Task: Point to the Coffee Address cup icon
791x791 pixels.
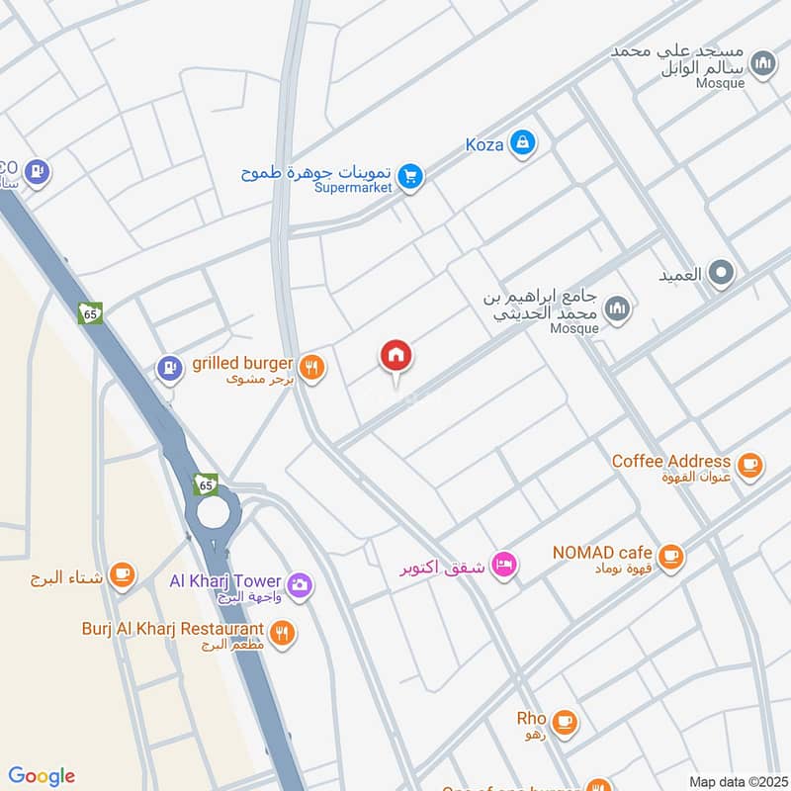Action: point(749,463)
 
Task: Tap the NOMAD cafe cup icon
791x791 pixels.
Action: point(670,556)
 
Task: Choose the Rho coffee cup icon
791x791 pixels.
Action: point(565,721)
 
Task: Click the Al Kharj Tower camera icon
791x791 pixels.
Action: point(300,585)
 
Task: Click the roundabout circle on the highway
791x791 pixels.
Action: point(213,511)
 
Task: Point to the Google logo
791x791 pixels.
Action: point(42,775)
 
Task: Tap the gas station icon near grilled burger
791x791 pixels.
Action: point(170,370)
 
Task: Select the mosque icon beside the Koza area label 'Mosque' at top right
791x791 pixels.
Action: point(762,65)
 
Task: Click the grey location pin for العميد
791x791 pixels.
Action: point(723,273)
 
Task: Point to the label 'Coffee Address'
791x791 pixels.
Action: point(671,461)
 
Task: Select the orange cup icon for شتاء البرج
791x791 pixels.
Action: point(123,574)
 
